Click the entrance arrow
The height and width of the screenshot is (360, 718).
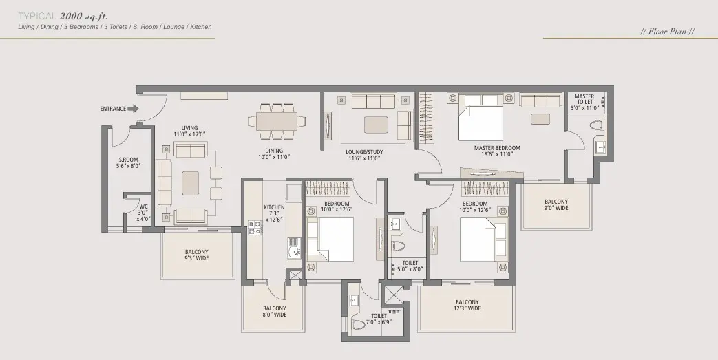tap(133, 109)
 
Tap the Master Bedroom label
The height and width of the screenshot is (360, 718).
tap(497, 151)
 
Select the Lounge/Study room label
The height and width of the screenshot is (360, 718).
tap(364, 155)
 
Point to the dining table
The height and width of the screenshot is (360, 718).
tap(276, 121)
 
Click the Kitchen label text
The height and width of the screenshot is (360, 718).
tap(274, 213)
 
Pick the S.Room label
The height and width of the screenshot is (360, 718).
tap(128, 162)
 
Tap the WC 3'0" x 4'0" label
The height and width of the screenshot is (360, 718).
tap(143, 213)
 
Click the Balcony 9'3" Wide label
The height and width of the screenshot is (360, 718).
tap(196, 255)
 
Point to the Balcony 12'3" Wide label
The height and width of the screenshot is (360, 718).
tap(467, 305)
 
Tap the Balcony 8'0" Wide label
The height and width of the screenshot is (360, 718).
tap(274, 311)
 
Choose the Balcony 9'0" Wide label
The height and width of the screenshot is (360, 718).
tap(556, 204)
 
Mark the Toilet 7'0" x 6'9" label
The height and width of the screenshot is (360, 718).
tap(379, 319)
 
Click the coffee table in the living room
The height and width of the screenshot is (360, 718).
tap(191, 183)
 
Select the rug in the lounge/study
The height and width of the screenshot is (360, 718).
tap(377, 125)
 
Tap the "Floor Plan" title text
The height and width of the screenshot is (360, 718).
tap(667, 32)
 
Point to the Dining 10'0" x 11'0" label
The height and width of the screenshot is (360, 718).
tap(274, 154)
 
